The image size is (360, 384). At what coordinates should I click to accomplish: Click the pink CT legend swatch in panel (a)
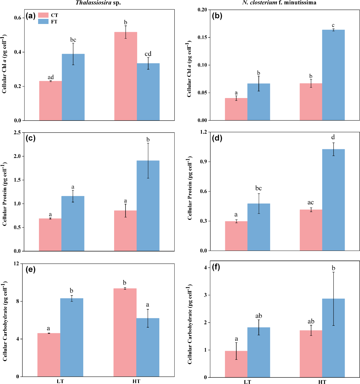point(43,15)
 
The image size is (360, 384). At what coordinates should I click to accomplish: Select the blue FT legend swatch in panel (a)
point(43,22)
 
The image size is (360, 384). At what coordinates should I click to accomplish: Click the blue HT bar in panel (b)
point(333,75)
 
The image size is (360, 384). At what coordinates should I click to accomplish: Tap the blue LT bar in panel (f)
point(258,352)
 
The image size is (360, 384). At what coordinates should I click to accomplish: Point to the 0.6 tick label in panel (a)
point(17,18)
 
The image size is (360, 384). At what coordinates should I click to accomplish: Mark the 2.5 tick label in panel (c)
point(17,132)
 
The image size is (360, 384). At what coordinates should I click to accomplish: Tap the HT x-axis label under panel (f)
point(322,382)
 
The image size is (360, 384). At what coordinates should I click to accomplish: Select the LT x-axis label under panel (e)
point(60,382)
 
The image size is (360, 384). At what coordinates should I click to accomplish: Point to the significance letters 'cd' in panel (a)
point(148,54)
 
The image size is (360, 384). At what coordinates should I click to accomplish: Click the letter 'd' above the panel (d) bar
point(333,137)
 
